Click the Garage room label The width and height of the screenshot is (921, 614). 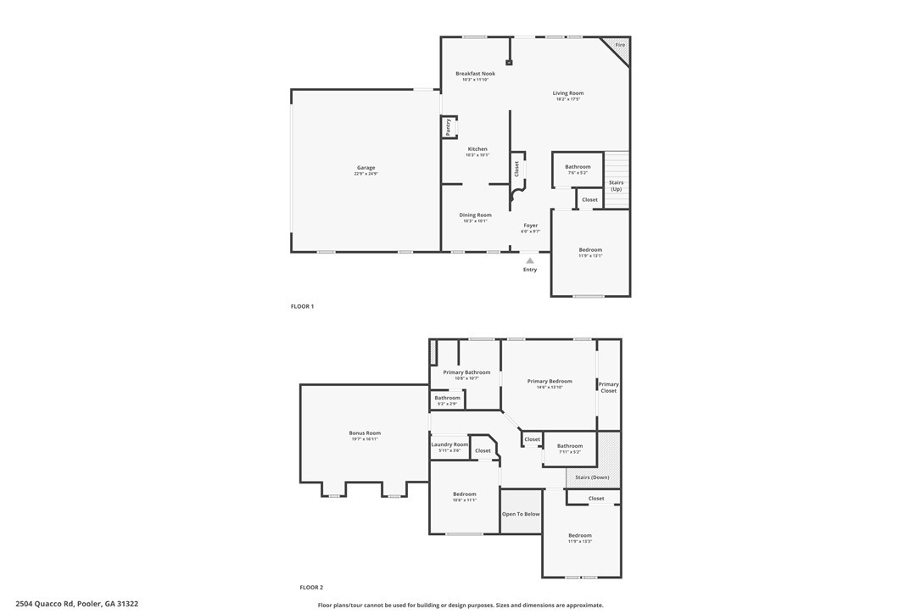(366, 168)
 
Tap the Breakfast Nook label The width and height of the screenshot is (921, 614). (475, 74)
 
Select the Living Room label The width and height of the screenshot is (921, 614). (568, 93)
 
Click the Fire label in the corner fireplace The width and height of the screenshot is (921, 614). (620, 45)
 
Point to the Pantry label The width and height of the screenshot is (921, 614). (448, 126)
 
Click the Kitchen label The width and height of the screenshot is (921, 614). (477, 149)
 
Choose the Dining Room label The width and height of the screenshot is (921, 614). (475, 215)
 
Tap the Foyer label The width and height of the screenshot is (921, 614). (530, 226)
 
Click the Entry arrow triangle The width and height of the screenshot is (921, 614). (530, 260)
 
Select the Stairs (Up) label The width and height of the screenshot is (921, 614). (617, 186)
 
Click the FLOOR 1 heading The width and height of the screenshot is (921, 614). (302, 306)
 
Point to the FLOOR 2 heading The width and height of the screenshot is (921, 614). (311, 587)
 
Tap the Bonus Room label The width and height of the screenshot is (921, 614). (365, 433)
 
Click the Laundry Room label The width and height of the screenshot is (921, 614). (449, 444)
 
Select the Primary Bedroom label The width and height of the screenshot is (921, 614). (550, 382)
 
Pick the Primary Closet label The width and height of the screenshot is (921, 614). (609, 388)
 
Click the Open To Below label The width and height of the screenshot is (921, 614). (521, 514)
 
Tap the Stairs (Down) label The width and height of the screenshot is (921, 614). (593, 477)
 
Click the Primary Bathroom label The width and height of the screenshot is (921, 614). (466, 372)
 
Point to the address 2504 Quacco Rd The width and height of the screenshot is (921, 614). (76, 604)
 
